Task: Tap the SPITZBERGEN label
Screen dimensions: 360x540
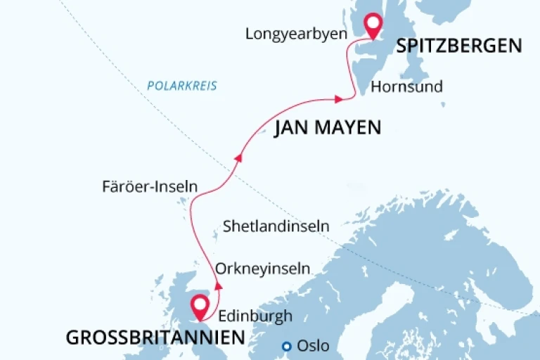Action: [x=459, y=46]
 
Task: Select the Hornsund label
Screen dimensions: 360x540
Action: [x=406, y=87]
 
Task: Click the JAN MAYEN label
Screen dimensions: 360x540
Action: [x=327, y=127]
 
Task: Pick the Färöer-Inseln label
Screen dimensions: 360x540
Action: [x=148, y=186]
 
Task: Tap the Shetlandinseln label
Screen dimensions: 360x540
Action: [x=276, y=226]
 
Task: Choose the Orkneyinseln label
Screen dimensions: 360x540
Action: [x=263, y=269]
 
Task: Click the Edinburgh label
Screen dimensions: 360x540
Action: [x=255, y=316]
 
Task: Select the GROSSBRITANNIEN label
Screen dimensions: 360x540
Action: [x=155, y=338]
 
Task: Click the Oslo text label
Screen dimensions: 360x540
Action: [x=313, y=346]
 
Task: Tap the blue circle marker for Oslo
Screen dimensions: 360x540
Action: [x=286, y=346]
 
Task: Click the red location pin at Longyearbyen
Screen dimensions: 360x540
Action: [x=372, y=27]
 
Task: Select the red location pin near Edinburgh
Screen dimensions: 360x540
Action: [x=200, y=307]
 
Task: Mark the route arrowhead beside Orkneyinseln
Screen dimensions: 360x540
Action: [x=218, y=285]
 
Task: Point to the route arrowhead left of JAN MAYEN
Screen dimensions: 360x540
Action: [x=238, y=158]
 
